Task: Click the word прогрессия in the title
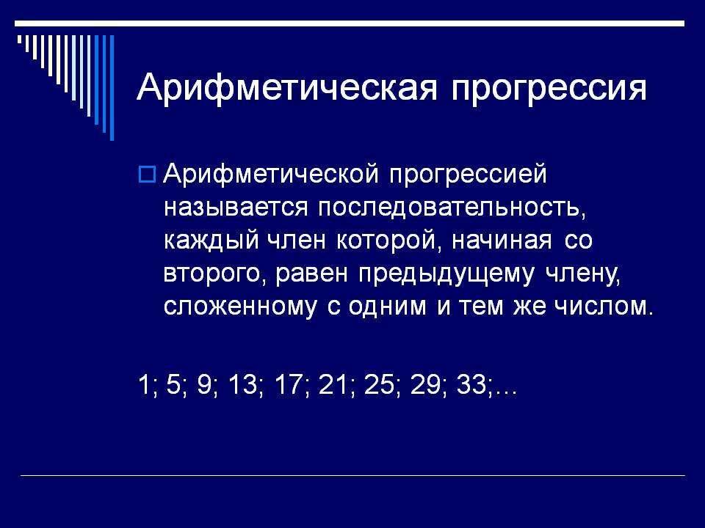click(x=549, y=89)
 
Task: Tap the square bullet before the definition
click(x=147, y=175)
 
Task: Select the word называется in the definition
click(x=236, y=208)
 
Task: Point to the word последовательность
click(x=452, y=208)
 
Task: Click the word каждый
click(x=211, y=241)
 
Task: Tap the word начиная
click(x=501, y=241)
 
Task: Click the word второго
click(x=212, y=274)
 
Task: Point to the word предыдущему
click(x=446, y=274)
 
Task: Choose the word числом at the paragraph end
click(x=603, y=307)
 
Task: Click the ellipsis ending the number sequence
click(x=506, y=392)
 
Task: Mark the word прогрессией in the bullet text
click(x=468, y=175)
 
